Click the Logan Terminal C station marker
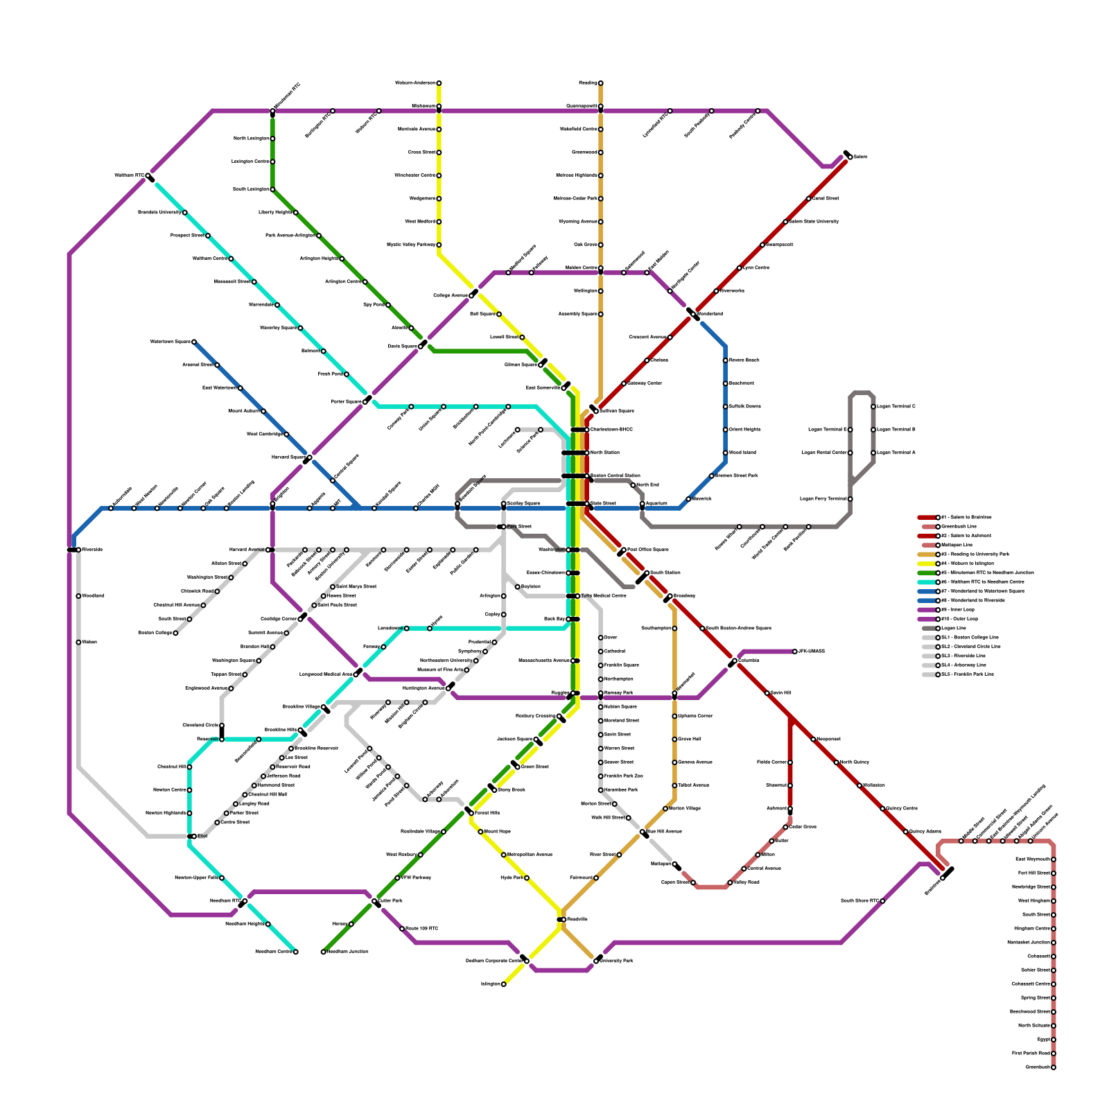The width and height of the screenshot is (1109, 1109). [x=873, y=407]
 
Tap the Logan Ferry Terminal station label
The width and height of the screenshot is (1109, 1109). [x=823, y=499]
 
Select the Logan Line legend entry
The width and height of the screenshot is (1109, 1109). [x=953, y=629]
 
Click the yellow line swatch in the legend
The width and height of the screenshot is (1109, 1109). [x=927, y=564]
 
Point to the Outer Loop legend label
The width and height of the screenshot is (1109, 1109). [x=958, y=619]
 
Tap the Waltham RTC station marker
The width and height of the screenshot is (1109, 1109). [x=148, y=177]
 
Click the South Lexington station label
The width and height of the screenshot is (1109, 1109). [x=250, y=189]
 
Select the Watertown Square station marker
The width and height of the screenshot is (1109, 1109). [x=194, y=342]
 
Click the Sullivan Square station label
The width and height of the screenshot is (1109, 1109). [x=615, y=412]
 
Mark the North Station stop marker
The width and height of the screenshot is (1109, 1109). [x=586, y=453]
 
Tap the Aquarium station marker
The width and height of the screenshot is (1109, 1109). [x=643, y=504]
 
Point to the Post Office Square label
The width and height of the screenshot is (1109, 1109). [x=647, y=550]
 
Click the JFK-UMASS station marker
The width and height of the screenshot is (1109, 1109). [x=795, y=652]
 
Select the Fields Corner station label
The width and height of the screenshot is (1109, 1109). [x=771, y=762]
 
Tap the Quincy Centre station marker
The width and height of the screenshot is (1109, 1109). [x=882, y=809]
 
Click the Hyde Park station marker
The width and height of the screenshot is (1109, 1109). [x=527, y=878]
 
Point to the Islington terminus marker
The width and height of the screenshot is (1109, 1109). [x=504, y=984]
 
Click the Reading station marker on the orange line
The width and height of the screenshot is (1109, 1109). [x=601, y=83]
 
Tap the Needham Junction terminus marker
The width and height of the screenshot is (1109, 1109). [x=324, y=952]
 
